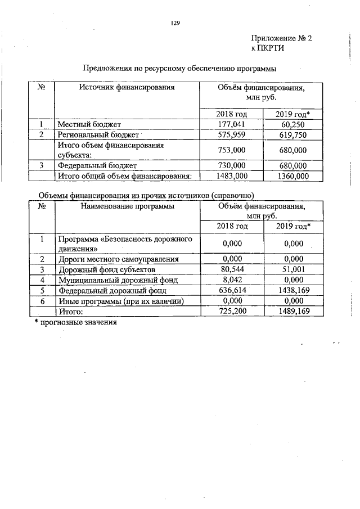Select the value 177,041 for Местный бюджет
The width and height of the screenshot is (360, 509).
pyautogui.click(x=232, y=124)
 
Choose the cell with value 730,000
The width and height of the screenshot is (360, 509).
pyautogui.click(x=232, y=166)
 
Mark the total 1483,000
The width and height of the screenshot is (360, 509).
pyautogui.click(x=232, y=176)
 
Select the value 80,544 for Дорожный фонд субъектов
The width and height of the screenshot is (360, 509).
pyautogui.click(x=232, y=269)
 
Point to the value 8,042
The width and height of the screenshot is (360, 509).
pyautogui.click(x=232, y=280)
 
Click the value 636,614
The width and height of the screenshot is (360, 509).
pyautogui.click(x=232, y=290)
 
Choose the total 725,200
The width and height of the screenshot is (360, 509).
pyautogui.click(x=232, y=311)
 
